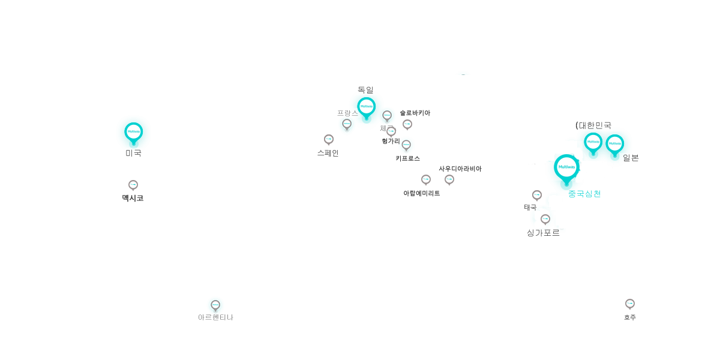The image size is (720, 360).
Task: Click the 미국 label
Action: pyautogui.click(x=133, y=153)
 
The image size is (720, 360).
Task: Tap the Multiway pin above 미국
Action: pyautogui.click(x=133, y=131)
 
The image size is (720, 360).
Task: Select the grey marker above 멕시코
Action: pyautogui.click(x=133, y=185)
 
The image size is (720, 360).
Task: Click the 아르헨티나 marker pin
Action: pyautogui.click(x=215, y=305)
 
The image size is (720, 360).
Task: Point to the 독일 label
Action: pyautogui.click(x=365, y=90)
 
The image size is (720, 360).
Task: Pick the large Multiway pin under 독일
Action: pyautogui.click(x=367, y=106)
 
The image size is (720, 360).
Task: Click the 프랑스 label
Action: pyautogui.click(x=347, y=113)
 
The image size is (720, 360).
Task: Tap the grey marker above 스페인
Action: pyautogui.click(x=329, y=140)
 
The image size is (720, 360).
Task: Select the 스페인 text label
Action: pyautogui.click(x=328, y=153)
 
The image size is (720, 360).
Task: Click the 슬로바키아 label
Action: pyautogui.click(x=415, y=113)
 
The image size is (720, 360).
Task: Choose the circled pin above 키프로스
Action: pyautogui.click(x=406, y=144)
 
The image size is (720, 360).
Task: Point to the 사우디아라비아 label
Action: pyautogui.click(x=460, y=169)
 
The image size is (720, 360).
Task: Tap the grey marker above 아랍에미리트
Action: pyautogui.click(x=426, y=179)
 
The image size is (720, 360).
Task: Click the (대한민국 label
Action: pyautogui.click(x=593, y=125)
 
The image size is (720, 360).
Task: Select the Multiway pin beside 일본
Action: pyautogui.click(x=615, y=143)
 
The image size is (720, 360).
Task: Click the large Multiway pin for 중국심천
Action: pyautogui.click(x=566, y=166)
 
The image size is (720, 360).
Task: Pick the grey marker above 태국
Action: pyautogui.click(x=537, y=196)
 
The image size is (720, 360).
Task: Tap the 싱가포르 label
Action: pyautogui.click(x=543, y=233)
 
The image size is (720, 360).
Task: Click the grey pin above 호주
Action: pyautogui.click(x=630, y=304)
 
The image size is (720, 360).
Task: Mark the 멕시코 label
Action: pyautogui.click(x=133, y=198)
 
